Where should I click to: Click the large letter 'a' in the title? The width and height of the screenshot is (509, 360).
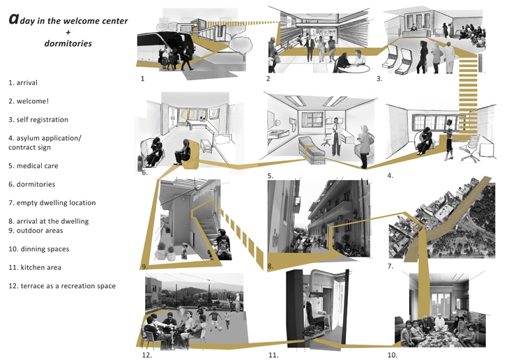tap(13, 19)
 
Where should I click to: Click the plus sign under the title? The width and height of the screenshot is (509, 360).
tap(68, 32)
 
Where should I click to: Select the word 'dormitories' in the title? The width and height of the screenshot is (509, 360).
tap(68, 43)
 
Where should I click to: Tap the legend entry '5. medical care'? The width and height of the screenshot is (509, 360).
tap(33, 166)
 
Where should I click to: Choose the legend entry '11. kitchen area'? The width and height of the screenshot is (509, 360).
tap(35, 267)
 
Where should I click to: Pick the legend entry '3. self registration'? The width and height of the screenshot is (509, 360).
tap(38, 119)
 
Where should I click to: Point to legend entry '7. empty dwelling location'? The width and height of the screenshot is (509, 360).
tap(52, 203)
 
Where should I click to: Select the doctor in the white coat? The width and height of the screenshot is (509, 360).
tap(336, 137)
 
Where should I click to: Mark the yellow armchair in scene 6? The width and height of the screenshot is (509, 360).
tap(191, 156)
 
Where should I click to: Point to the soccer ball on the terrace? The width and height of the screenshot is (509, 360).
tap(220, 329)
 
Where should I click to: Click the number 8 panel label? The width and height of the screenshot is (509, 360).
tap(270, 266)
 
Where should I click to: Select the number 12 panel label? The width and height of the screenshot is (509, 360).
tap(146, 355)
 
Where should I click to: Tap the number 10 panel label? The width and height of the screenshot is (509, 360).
tap(392, 355)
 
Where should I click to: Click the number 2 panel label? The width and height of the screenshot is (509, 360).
tap(268, 78)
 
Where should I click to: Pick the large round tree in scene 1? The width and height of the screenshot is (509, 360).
tap(241, 45)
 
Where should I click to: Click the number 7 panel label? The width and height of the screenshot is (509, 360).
tap(390, 266)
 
